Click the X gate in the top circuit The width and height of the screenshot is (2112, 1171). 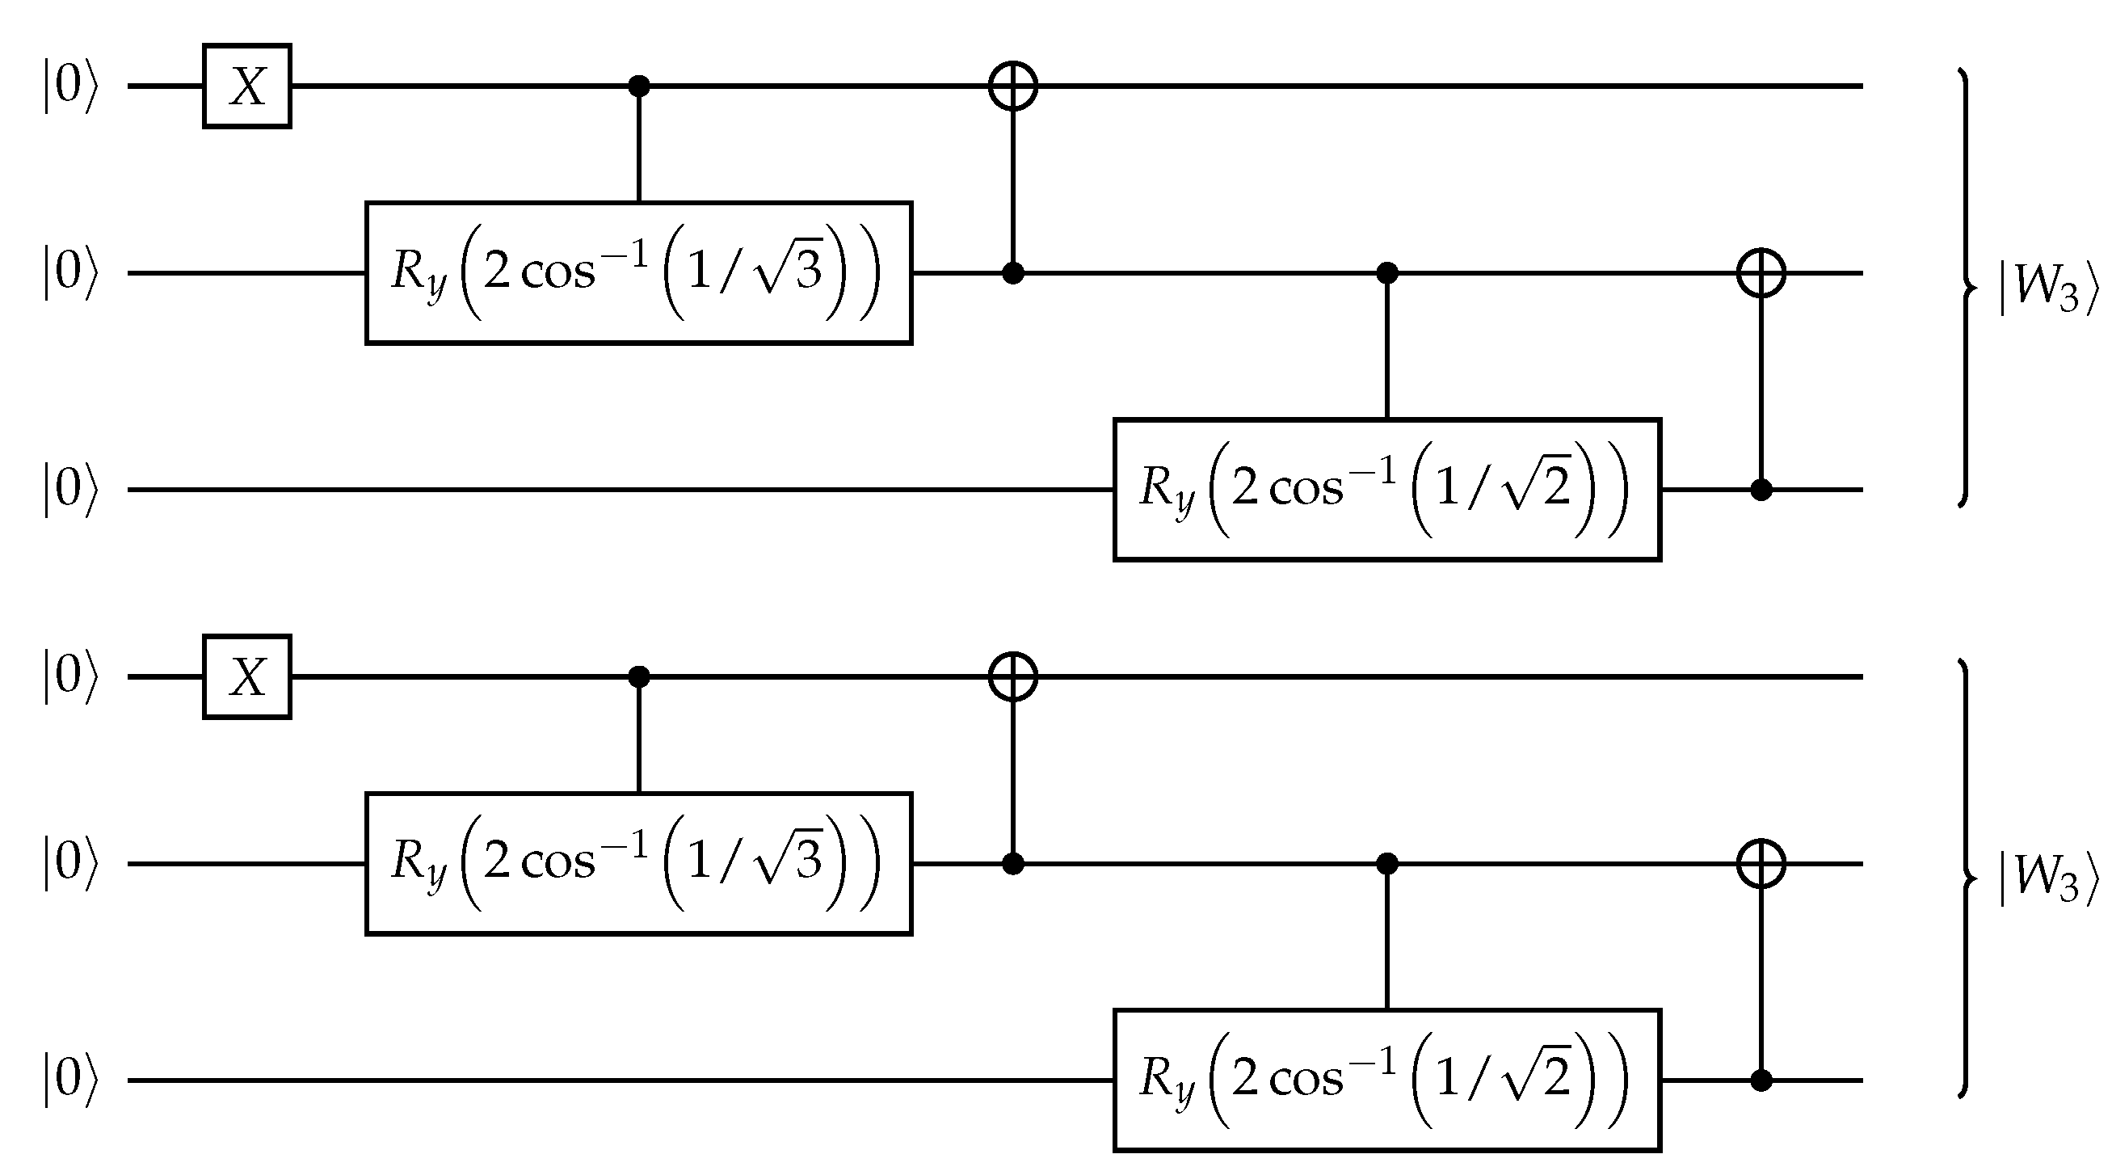[246, 86]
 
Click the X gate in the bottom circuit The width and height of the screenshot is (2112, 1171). [246, 677]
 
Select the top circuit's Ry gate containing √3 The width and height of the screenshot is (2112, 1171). [637, 272]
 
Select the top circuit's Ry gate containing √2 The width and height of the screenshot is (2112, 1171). [1386, 490]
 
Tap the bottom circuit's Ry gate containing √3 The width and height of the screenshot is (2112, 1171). [637, 863]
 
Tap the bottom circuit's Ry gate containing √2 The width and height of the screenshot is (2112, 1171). [1386, 1080]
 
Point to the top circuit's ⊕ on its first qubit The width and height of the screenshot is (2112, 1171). [1013, 86]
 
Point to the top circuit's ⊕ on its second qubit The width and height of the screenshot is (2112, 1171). [1761, 273]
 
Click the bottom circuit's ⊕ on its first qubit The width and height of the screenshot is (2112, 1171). [1013, 677]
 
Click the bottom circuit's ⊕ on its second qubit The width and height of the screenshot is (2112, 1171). [1761, 863]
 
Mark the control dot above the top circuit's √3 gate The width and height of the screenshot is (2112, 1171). [638, 86]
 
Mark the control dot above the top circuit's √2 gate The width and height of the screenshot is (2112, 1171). [1386, 273]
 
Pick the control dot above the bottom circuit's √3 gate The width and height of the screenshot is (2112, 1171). [638, 677]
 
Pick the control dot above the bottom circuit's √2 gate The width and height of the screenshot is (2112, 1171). [1386, 863]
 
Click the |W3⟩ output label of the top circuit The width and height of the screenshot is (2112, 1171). [2048, 289]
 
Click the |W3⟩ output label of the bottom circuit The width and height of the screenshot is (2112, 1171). [2048, 880]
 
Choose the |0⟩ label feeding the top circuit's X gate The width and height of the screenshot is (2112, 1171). [70, 86]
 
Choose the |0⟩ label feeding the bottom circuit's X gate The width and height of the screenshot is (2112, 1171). [70, 677]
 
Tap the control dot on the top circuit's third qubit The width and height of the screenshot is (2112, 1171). [1761, 491]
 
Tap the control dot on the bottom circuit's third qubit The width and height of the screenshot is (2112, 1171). [1761, 1080]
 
